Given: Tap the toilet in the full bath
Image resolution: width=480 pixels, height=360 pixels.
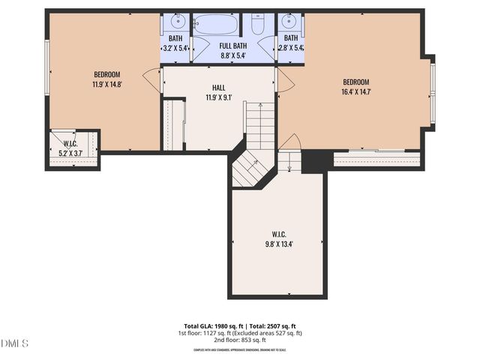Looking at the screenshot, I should tap(257, 26).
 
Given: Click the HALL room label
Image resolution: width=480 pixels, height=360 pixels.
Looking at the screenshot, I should tap(218, 88).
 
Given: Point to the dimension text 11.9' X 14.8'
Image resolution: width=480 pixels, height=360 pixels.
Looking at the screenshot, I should tap(107, 84).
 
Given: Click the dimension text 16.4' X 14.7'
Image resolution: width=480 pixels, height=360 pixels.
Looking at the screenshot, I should tap(357, 92).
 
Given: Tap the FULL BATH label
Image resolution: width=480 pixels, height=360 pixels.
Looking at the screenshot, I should tap(232, 46).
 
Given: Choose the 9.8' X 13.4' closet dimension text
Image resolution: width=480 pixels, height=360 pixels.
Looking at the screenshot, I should tap(278, 243).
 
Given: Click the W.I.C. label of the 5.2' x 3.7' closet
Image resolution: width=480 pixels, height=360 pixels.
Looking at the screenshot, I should tap(70, 143).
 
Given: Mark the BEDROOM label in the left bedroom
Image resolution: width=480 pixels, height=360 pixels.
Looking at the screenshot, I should tap(107, 74).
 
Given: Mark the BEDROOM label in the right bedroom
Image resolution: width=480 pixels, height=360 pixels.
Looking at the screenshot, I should tap(357, 82).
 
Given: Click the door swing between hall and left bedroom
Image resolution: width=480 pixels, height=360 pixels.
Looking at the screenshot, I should tap(153, 79).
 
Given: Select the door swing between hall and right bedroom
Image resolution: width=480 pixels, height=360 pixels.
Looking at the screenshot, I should tap(285, 82).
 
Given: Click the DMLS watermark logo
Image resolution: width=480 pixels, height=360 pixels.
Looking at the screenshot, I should tap(15, 343).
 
